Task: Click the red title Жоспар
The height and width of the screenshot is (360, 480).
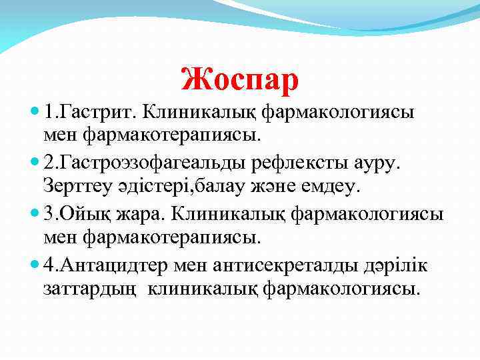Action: click(240, 79)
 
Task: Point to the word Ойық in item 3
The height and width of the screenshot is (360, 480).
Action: click(82, 215)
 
